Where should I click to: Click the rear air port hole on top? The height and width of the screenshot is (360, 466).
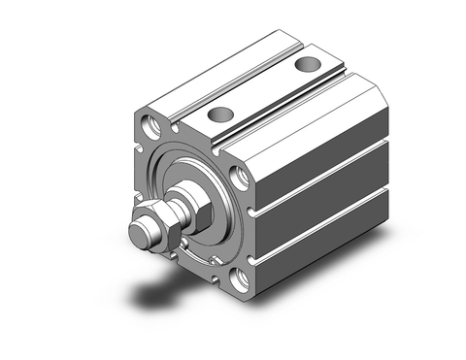pyautogui.click(x=307, y=66)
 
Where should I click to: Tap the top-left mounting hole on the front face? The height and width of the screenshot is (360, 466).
pyautogui.click(x=154, y=124)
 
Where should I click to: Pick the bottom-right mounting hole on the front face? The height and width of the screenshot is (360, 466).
pyautogui.click(x=243, y=281)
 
